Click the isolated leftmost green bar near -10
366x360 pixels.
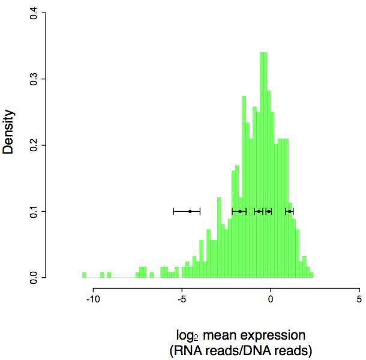(x=84, y=275)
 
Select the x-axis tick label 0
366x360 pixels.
(x=271, y=298)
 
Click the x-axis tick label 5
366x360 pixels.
(x=359, y=298)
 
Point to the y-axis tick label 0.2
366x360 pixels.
(x=34, y=145)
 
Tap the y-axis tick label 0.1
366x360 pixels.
(x=34, y=211)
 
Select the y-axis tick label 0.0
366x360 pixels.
(x=34, y=277)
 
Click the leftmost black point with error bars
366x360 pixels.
(x=190, y=211)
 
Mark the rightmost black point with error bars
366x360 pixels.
(x=289, y=211)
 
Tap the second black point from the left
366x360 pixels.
(x=240, y=211)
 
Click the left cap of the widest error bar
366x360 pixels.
(x=173, y=211)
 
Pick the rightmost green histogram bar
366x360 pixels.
(x=311, y=275)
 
